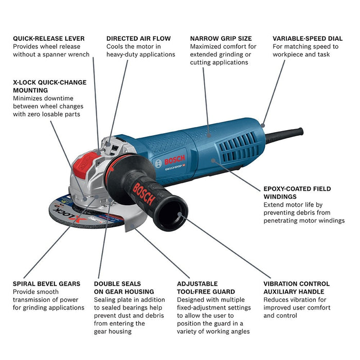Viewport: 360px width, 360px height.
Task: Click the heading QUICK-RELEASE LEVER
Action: [x=49, y=39]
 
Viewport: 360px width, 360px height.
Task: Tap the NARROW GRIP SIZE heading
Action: [x=221, y=39]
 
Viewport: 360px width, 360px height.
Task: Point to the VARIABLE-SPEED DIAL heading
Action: [x=307, y=39]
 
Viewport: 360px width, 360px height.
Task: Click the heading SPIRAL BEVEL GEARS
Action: [x=46, y=284]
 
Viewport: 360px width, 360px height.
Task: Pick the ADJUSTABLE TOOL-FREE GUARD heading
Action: [x=205, y=287]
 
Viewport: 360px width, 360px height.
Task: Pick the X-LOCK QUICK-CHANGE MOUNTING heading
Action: [x=50, y=86]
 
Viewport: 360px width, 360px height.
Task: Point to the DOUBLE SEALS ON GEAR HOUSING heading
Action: [x=124, y=287]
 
